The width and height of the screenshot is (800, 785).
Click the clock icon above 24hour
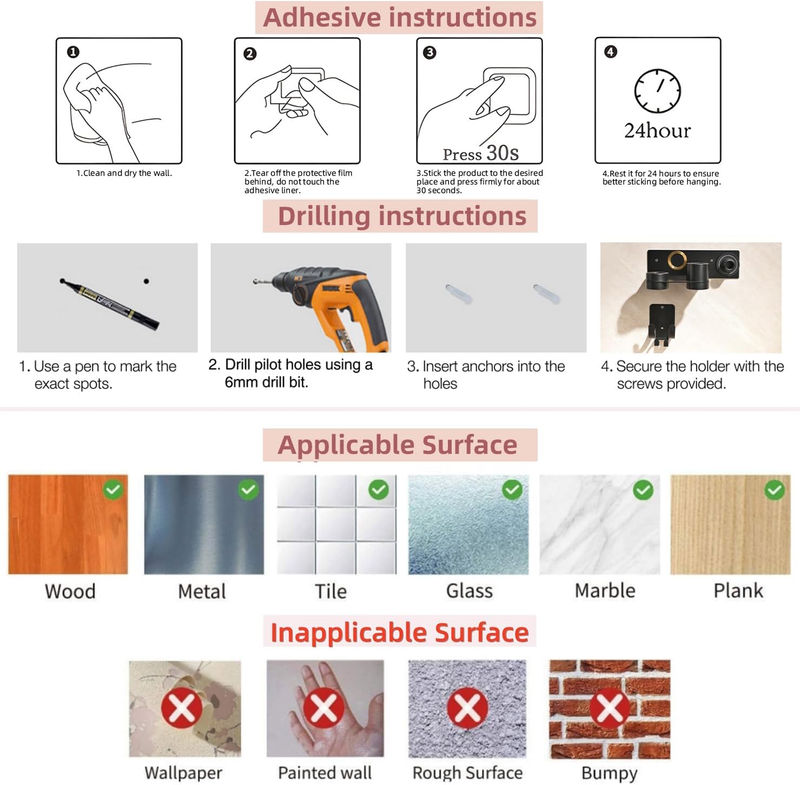click(657, 91)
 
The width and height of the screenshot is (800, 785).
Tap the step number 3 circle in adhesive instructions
click(429, 52)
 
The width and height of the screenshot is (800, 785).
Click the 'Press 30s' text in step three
click(480, 153)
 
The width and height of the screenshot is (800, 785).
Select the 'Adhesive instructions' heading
click(400, 17)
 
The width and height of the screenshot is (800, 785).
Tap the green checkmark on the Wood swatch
click(113, 490)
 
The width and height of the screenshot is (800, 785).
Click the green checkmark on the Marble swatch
click(643, 490)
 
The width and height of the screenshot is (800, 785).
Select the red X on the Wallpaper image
click(182, 708)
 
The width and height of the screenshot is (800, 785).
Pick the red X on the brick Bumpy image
click(609, 708)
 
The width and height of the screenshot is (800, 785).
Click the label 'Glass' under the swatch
click(470, 591)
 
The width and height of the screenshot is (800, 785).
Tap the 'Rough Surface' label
click(467, 773)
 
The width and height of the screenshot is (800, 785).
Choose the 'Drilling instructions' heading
click(402, 216)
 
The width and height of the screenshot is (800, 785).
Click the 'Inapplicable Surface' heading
click(399, 632)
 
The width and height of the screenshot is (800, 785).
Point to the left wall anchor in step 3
click(459, 293)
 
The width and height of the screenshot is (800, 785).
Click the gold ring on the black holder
click(677, 261)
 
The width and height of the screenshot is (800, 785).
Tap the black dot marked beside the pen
click(146, 281)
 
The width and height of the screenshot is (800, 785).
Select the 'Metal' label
click(202, 591)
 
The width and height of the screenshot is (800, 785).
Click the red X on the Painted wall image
click(323, 708)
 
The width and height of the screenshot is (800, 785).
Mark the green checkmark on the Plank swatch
click(775, 490)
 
